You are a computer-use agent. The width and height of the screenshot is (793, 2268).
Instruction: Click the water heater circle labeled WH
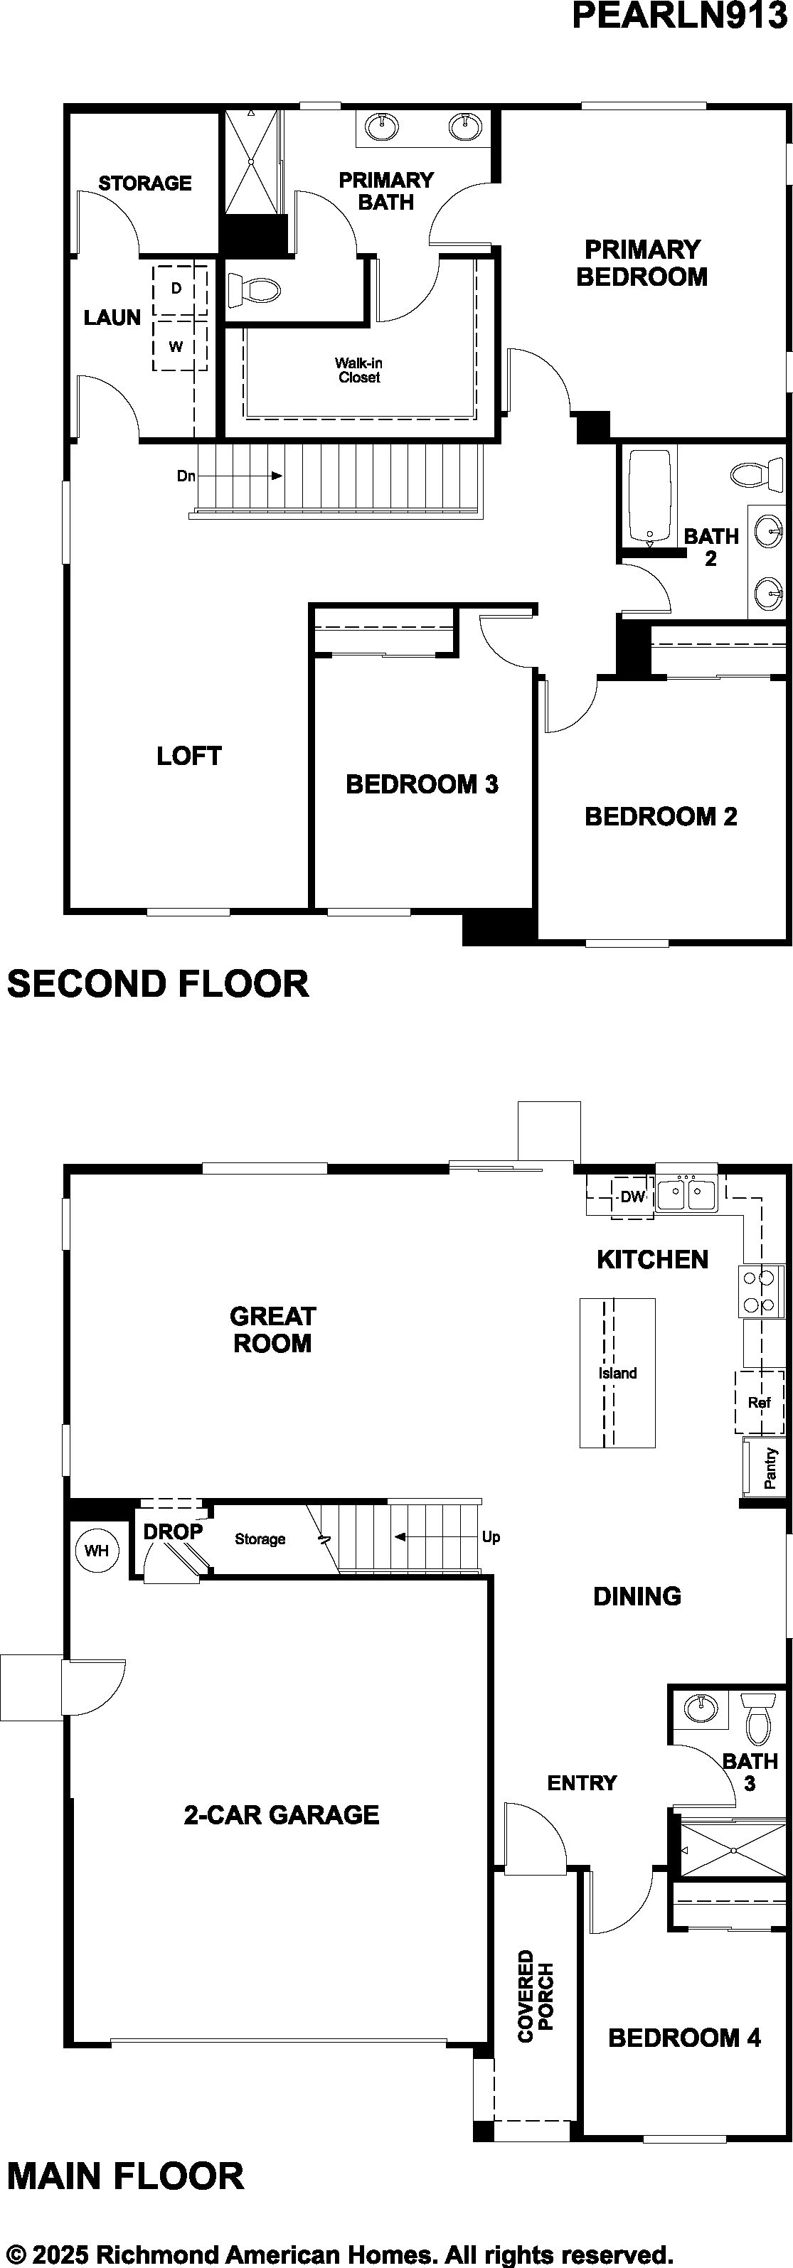(x=96, y=1551)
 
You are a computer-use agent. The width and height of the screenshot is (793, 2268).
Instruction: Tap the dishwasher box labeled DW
(x=632, y=1197)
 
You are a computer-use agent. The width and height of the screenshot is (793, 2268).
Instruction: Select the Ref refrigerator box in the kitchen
(x=759, y=1401)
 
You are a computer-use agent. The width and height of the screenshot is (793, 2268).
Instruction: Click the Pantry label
(x=771, y=1467)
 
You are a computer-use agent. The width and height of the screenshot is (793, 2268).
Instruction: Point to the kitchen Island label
(x=617, y=1373)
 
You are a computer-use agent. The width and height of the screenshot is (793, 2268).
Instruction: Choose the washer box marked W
(x=180, y=345)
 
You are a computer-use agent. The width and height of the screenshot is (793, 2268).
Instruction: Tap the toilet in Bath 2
(x=757, y=474)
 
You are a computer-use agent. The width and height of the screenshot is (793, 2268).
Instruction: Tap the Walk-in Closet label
(x=358, y=370)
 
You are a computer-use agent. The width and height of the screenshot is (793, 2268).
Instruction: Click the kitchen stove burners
(x=760, y=1292)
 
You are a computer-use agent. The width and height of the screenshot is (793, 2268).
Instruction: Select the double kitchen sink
(x=686, y=1194)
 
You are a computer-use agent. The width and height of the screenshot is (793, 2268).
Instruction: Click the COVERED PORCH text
(x=536, y=1995)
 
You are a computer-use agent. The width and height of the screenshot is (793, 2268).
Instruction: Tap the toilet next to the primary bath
(x=254, y=289)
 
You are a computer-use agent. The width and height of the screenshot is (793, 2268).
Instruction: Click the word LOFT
(x=188, y=756)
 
